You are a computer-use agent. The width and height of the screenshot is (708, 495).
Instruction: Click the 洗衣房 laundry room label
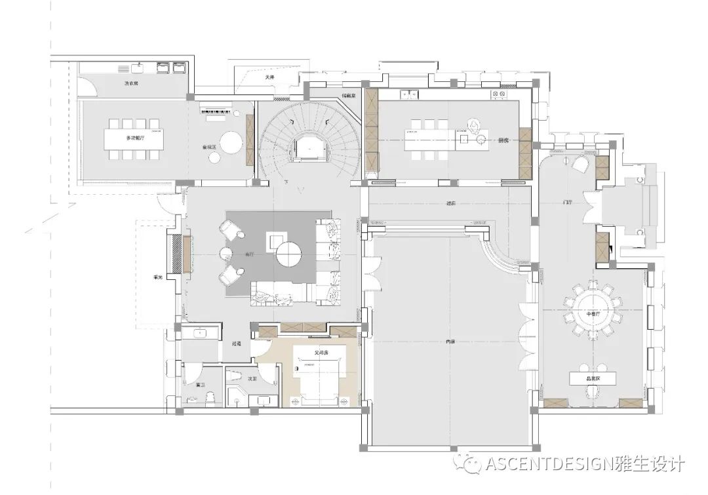(x=131, y=83)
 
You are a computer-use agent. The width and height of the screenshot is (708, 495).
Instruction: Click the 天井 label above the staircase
(x=269, y=77)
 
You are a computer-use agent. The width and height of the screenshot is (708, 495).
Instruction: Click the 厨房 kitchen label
(x=503, y=140)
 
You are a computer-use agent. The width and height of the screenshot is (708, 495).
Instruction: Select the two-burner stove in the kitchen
(x=501, y=95)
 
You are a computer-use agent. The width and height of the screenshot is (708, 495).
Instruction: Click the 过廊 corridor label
(x=450, y=203)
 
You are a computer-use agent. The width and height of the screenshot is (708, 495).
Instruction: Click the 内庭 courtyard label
(x=450, y=341)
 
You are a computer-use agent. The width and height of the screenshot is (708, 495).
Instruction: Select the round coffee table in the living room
(x=288, y=253)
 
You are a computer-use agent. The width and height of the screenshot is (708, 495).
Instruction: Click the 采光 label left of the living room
(x=157, y=277)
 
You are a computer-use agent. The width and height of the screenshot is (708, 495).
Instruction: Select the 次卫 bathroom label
(x=252, y=378)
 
